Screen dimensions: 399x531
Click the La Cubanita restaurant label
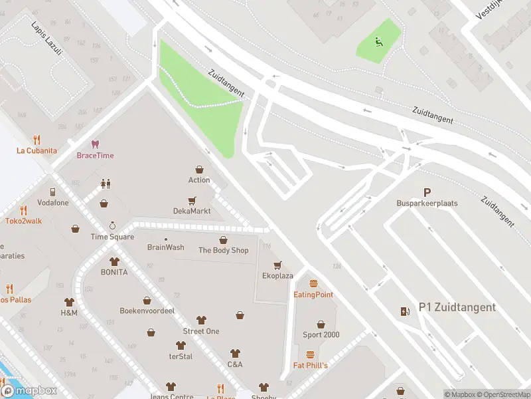37,150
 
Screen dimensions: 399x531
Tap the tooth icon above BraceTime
95,144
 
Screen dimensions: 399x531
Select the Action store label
199,180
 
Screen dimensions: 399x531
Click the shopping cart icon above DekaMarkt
192,199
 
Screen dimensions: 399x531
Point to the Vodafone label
52,203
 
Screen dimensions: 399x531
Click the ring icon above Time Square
112,225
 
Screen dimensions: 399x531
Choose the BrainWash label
165,247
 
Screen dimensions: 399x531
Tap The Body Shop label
223,250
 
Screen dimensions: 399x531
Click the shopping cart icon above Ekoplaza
277,265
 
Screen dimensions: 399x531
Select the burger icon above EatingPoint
313,283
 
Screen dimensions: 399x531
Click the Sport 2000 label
321,334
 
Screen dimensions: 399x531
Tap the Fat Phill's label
310,365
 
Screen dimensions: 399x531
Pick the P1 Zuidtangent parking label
457,307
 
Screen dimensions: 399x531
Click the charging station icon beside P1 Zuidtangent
405,311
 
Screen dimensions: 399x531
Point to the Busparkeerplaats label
427,203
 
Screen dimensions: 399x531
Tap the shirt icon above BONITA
114,261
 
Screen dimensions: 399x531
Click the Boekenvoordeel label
147,311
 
